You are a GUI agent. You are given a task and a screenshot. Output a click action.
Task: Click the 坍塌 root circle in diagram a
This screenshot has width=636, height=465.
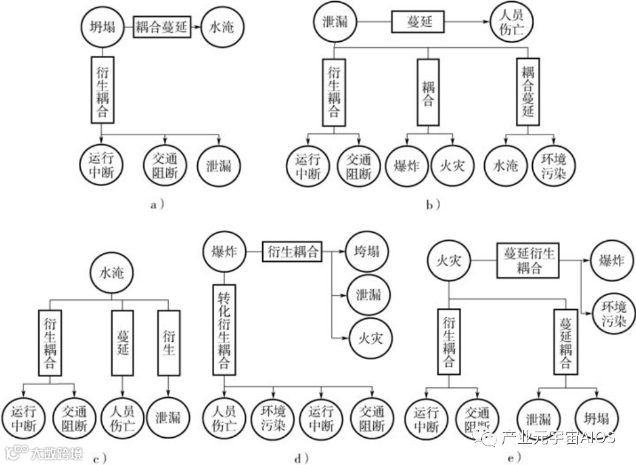[x=101, y=27]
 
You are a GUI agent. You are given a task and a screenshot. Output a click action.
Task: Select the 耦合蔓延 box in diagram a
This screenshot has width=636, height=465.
[x=161, y=27]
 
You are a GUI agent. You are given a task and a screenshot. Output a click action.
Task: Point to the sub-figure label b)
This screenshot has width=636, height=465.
[x=433, y=206]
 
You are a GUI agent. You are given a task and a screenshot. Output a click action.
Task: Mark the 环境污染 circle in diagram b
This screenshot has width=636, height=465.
[x=552, y=166]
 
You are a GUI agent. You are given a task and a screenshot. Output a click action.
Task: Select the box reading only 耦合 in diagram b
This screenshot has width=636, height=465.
[x=427, y=93]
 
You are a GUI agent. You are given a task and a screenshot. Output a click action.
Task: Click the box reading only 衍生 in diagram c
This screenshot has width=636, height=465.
[x=169, y=343]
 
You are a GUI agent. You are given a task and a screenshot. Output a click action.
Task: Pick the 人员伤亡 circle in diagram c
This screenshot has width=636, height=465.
[x=123, y=417]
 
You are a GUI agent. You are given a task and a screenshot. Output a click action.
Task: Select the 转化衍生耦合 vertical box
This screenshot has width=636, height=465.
[x=223, y=330]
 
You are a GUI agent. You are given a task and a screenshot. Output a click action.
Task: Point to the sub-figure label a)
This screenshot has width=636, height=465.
[x=157, y=206]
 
